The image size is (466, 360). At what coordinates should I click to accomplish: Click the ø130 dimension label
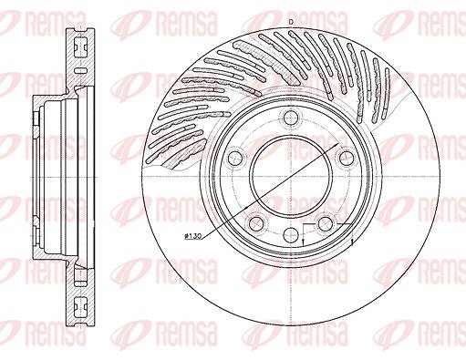[x=193, y=236]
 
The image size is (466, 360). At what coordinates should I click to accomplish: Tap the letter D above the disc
[x=291, y=22]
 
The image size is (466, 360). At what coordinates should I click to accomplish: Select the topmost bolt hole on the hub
[x=291, y=118]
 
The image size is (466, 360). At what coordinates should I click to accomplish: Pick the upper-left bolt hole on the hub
[x=235, y=158]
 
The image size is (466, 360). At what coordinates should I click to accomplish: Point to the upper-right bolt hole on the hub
[x=347, y=158]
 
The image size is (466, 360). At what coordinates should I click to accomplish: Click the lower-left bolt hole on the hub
[x=257, y=223]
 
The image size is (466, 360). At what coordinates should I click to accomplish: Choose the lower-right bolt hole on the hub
[x=326, y=223]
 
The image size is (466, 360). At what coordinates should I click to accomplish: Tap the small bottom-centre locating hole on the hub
[x=291, y=234]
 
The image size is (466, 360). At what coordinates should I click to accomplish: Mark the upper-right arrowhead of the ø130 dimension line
[x=337, y=145]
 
